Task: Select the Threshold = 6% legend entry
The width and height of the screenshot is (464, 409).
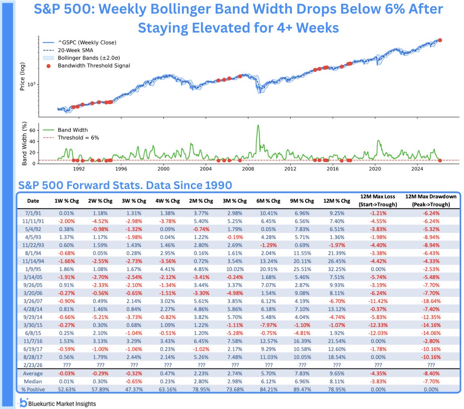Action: pyautogui.click(x=78, y=137)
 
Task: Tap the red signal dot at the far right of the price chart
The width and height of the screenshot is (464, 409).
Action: pyautogui.click(x=440, y=40)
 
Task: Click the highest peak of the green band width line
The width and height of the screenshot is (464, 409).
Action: pyautogui.click(x=258, y=125)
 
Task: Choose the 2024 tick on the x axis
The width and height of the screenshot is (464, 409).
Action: pyautogui.click(x=417, y=168)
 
